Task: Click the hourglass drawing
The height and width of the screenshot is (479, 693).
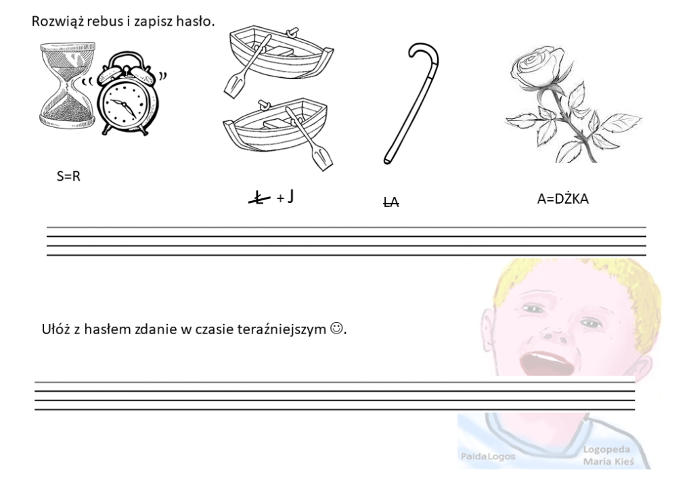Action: tap(68, 85)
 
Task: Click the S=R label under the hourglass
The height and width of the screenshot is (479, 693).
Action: tap(68, 177)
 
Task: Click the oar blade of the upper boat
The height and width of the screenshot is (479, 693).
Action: tap(235, 86)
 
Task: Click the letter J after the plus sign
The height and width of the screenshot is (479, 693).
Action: tap(290, 196)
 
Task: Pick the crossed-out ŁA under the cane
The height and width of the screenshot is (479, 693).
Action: tap(391, 202)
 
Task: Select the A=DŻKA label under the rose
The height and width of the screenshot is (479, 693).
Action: tap(562, 199)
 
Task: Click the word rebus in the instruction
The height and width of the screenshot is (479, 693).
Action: tap(105, 21)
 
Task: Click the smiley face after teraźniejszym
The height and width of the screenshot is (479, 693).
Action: tap(336, 328)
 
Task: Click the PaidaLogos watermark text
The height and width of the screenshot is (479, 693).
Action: tap(488, 456)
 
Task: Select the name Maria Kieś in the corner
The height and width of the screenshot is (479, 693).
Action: tap(608, 462)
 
